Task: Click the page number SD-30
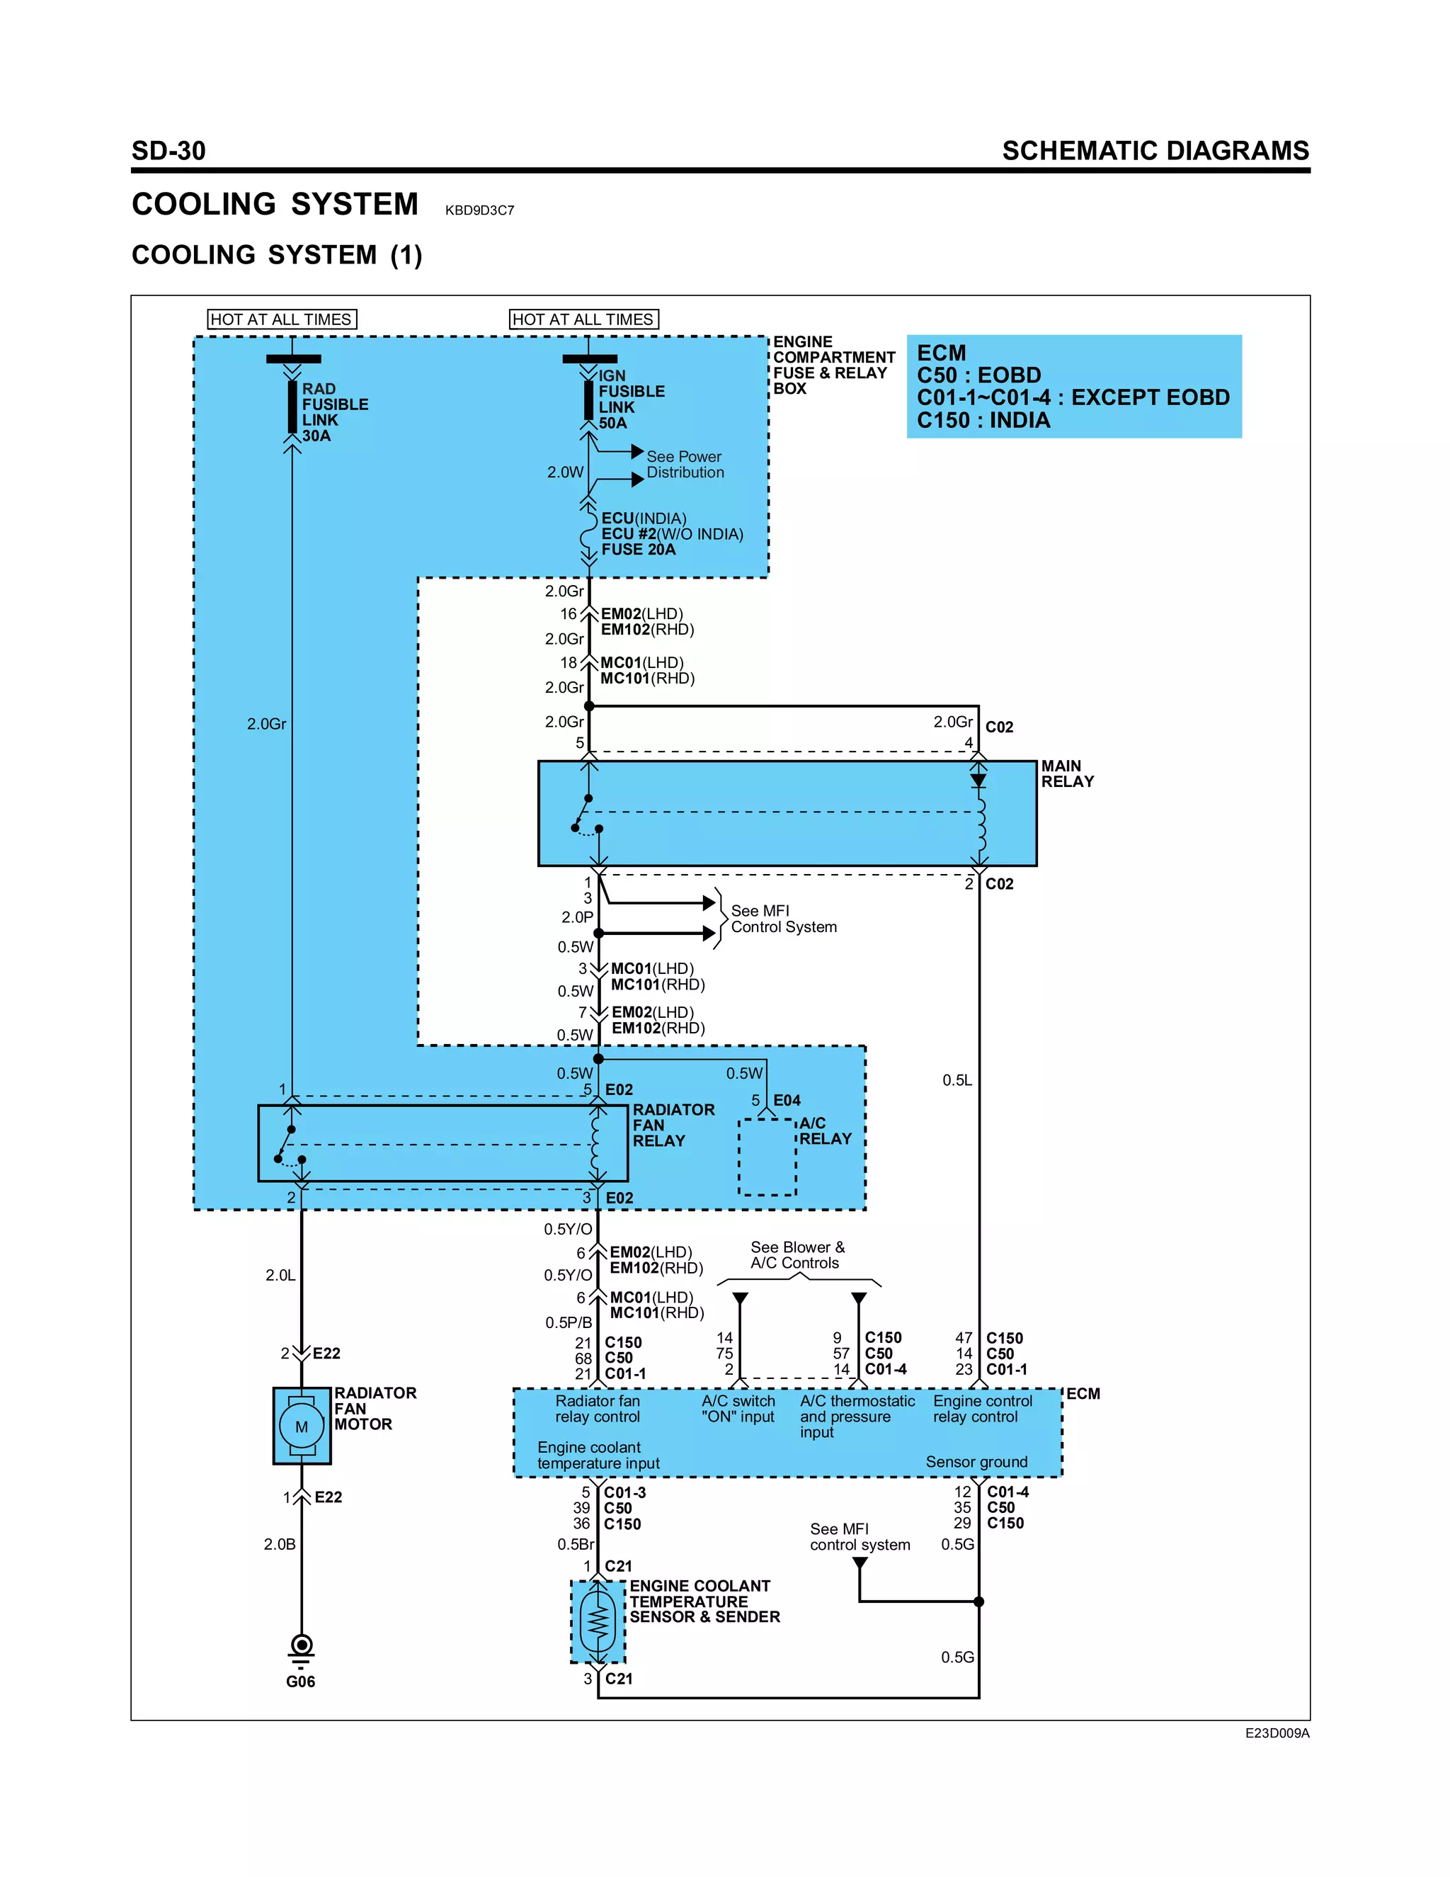[x=169, y=152]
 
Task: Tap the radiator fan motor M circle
[x=302, y=1427]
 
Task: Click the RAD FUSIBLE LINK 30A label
[x=334, y=412]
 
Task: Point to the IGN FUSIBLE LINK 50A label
[x=631, y=399]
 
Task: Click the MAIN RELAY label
[x=1067, y=773]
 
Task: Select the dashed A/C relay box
[x=767, y=1157]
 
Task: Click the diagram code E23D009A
[x=1277, y=1733]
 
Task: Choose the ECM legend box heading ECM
[x=942, y=353]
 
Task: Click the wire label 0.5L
[x=957, y=1080]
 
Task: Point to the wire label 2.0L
[x=280, y=1276]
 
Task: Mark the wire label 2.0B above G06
[x=279, y=1544]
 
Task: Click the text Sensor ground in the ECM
[x=976, y=1462]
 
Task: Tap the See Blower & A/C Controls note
[x=797, y=1255]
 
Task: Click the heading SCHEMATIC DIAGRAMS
[x=1155, y=152]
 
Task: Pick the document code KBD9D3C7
[x=479, y=210]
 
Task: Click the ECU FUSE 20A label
[x=672, y=534]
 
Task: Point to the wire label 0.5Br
[x=576, y=1544]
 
